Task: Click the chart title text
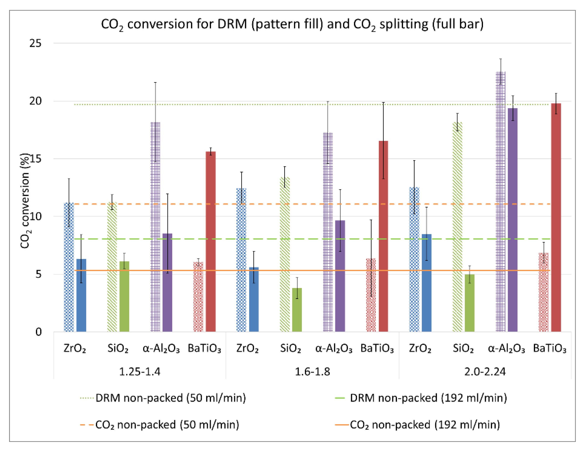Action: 292,24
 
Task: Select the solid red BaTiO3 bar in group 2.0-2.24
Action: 556,217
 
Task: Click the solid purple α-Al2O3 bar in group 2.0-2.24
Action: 513,220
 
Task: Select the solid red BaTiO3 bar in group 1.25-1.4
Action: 211,242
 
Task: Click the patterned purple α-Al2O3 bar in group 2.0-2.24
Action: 500,201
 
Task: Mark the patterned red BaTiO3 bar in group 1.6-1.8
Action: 371,295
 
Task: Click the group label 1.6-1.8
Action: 312,372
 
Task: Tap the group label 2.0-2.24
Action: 485,372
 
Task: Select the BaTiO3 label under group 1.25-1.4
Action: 204,349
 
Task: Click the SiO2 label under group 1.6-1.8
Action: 290,349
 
